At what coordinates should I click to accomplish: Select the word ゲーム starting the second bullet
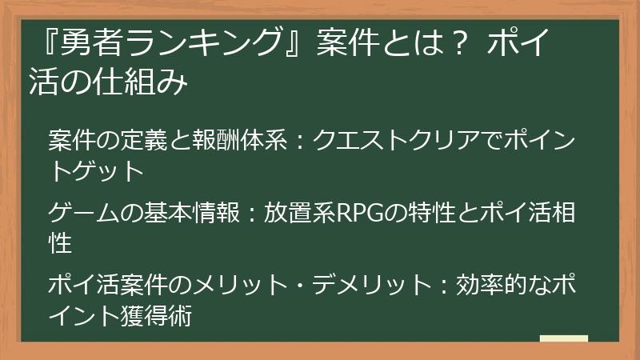coord(84,214)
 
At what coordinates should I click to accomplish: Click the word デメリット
coord(358,285)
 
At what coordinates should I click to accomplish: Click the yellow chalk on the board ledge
coord(563,339)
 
